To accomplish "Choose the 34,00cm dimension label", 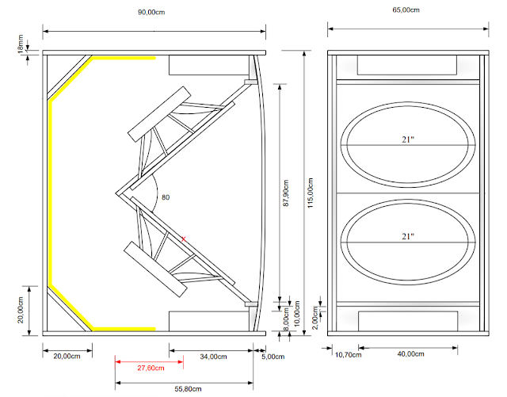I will click(209, 357).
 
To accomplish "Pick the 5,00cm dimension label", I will click(274, 357).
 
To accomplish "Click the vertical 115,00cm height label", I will click(309, 191).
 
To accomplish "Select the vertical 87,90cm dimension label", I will click(288, 191).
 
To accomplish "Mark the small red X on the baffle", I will click(184, 238).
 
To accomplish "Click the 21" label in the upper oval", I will click(408, 139).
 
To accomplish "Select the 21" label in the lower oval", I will click(408, 236).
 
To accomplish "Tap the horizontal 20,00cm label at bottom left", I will click(67, 357).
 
